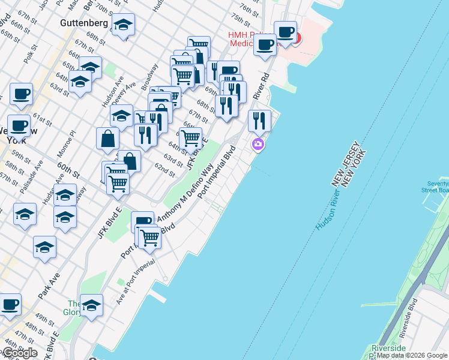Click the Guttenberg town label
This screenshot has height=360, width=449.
click(83, 23)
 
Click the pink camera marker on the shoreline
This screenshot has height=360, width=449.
click(258, 144)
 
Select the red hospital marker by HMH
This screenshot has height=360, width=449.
click(296, 40)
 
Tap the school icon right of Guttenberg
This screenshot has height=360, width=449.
click(123, 25)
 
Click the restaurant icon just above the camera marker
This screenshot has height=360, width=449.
click(259, 121)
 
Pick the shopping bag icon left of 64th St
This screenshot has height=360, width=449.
click(107, 138)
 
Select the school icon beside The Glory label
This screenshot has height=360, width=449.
click(91, 305)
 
